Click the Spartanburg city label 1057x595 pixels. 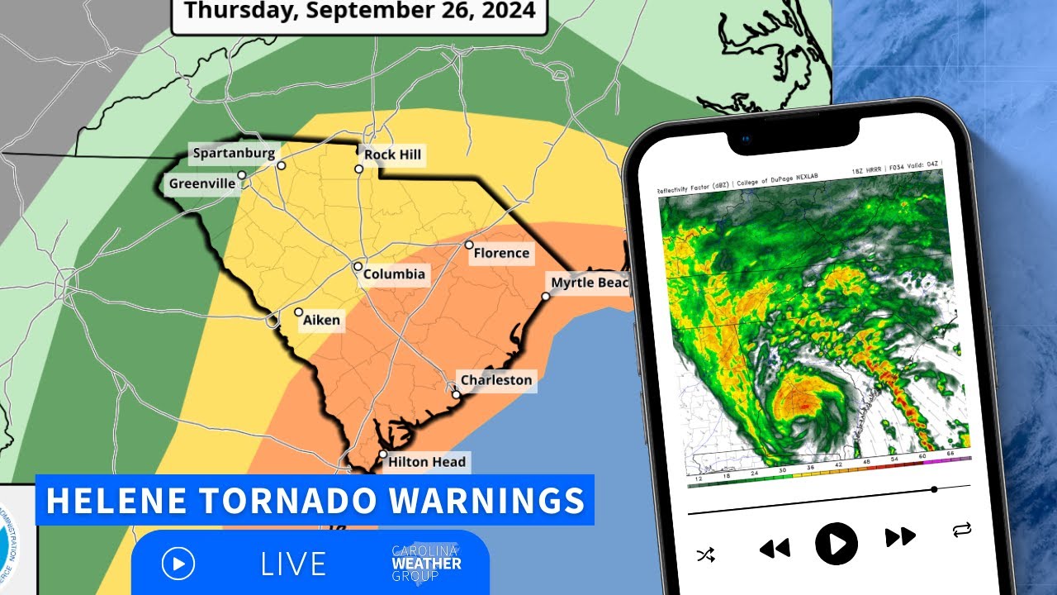[x=234, y=153]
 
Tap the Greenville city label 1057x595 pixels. [x=202, y=183]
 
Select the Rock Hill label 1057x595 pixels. [x=392, y=155]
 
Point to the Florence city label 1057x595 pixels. [x=500, y=253]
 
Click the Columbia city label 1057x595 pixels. [x=395, y=274]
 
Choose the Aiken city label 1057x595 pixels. [x=321, y=320]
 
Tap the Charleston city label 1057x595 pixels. [x=495, y=380]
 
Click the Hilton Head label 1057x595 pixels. [x=427, y=462]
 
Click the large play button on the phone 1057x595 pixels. [x=837, y=544]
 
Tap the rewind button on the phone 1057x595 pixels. [x=774, y=548]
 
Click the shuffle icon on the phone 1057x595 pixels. [x=706, y=555]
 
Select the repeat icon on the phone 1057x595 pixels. [x=961, y=529]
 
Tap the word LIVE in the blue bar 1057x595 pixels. [x=293, y=564]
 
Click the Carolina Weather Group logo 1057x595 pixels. [x=426, y=564]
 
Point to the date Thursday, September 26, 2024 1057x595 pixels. [x=359, y=12]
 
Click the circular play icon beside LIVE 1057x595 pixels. [x=178, y=564]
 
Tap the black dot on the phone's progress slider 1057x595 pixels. [x=934, y=489]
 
